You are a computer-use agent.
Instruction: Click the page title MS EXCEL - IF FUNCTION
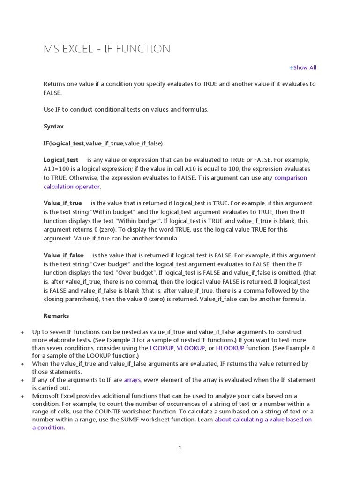(107, 49)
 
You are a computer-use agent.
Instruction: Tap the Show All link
(305, 67)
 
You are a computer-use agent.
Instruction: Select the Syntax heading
(53, 127)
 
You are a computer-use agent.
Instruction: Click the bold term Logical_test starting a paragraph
(61, 160)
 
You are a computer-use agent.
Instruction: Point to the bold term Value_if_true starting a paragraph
(63, 203)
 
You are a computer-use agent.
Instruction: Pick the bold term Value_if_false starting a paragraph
(64, 255)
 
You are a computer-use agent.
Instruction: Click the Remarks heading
(56, 315)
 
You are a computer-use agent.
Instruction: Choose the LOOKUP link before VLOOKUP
(162, 348)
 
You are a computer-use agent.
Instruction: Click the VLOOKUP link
(191, 348)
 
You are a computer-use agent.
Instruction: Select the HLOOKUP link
(230, 348)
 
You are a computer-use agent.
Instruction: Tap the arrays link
(132, 380)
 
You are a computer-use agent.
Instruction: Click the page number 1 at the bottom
(180, 448)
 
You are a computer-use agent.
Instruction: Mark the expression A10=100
(58, 169)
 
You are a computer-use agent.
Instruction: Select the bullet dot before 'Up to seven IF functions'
(22, 332)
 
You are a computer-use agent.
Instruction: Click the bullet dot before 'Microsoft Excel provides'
(22, 396)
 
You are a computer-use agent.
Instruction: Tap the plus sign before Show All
(291, 68)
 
